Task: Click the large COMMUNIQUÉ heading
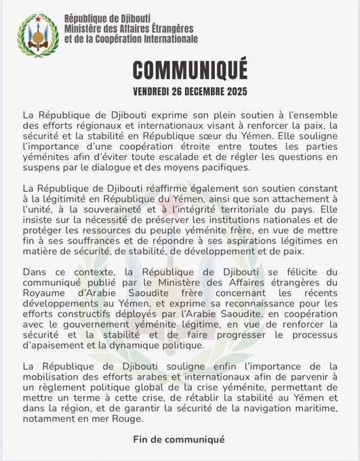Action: click(180, 69)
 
